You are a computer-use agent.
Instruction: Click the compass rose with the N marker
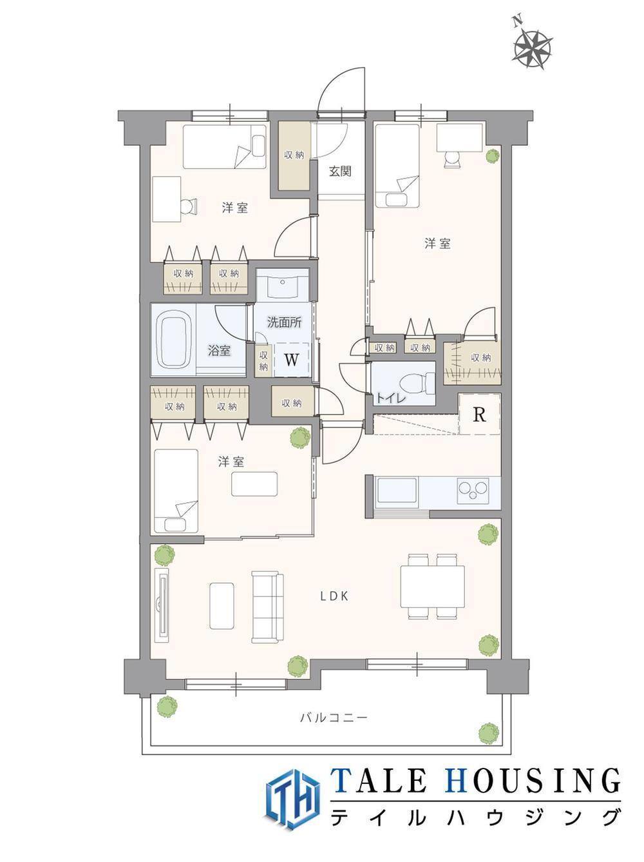pos(532,48)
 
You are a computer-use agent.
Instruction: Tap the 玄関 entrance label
pos(339,171)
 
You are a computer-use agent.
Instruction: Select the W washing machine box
pos(291,360)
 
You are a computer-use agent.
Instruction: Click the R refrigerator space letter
pos(479,415)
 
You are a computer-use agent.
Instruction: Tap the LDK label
pos(334,597)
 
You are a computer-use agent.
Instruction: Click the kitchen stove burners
pos(473,491)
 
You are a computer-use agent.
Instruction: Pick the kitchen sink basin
pos(397,491)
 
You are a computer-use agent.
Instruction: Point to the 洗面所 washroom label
pos(285,322)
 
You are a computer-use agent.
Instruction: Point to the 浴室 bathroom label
pos(219,351)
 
